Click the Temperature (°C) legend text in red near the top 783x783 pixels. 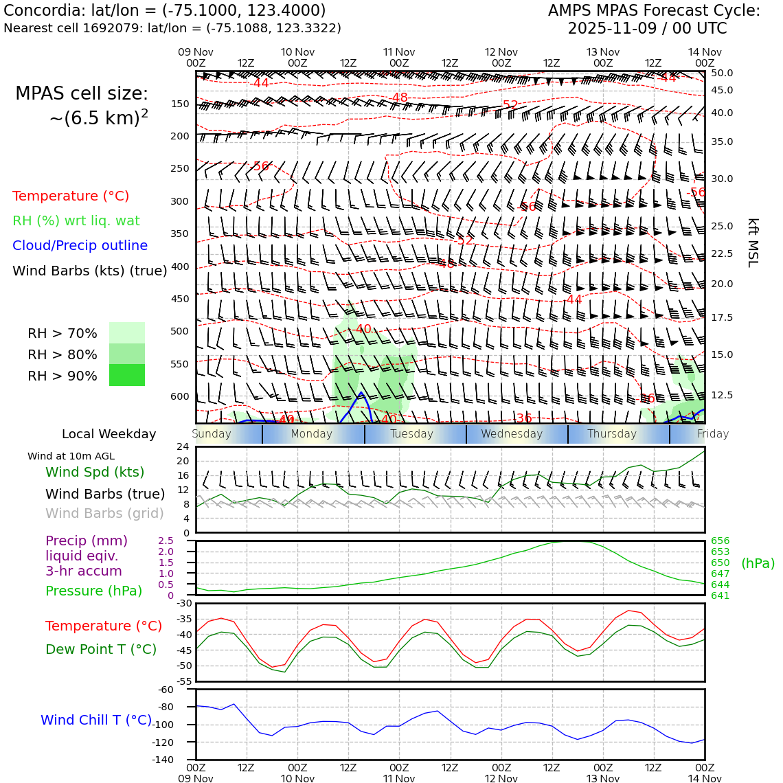point(71,196)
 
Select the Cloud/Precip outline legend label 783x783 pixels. point(80,246)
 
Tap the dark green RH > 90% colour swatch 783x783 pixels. point(127,375)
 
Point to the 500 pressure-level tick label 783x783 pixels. point(180,331)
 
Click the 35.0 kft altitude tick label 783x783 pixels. point(722,142)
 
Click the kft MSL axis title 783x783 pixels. point(753,242)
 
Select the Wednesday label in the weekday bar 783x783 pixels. point(512,434)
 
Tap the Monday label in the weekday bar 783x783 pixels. point(311,434)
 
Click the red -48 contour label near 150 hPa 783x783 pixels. point(400,98)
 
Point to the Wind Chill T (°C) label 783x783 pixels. point(96,720)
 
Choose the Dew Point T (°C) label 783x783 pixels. point(101,649)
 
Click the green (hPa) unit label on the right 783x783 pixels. point(758,563)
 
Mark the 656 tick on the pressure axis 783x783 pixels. point(720,541)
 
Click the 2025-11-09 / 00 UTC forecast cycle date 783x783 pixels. point(647,29)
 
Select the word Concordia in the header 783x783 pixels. point(41,11)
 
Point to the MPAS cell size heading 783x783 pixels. point(82,94)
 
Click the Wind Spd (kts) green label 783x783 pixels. point(95,472)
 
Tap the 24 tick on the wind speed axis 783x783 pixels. point(183,446)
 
